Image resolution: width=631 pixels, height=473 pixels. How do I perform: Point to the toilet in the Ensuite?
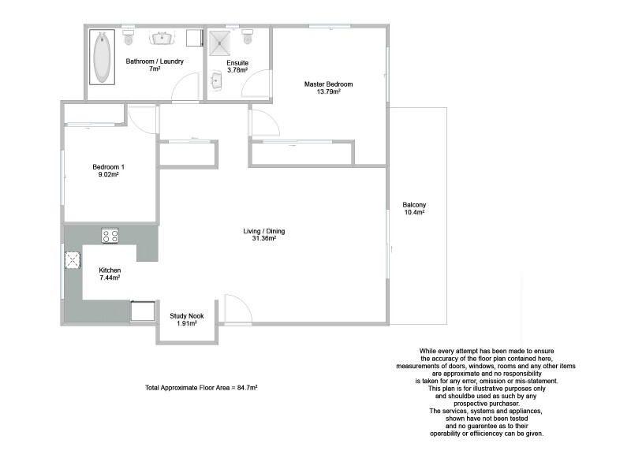(248, 37)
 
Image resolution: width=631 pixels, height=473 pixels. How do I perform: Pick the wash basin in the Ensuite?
(216, 80)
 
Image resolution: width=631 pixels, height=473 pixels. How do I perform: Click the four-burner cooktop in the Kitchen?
(110, 235)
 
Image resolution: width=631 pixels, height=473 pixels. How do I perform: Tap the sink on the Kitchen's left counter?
(73, 261)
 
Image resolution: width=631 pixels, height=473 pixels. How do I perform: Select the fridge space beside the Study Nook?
(143, 311)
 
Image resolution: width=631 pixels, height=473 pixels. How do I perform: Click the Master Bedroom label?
(328, 84)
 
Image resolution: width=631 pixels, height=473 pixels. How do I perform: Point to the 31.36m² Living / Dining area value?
(263, 239)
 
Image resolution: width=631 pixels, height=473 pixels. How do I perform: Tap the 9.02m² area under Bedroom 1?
(109, 175)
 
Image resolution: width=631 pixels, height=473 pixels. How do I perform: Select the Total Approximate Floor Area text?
(202, 388)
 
